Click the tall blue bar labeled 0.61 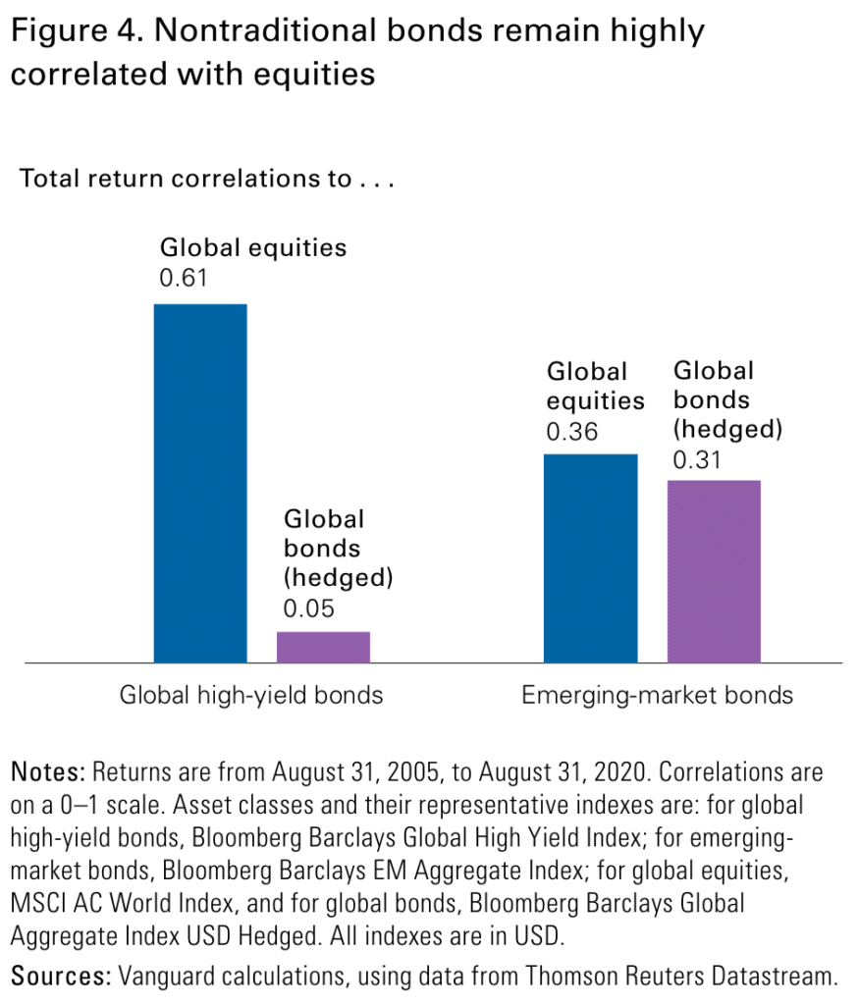point(200,483)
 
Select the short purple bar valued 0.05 point(323,647)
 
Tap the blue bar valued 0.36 point(590,557)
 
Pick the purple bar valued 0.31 point(714,571)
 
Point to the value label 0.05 point(309,608)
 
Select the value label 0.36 point(573,432)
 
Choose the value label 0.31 point(698,458)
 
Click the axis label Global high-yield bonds point(251,696)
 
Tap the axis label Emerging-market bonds point(657,696)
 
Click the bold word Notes point(45,772)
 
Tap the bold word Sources point(60,976)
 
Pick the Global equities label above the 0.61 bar point(253,246)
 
